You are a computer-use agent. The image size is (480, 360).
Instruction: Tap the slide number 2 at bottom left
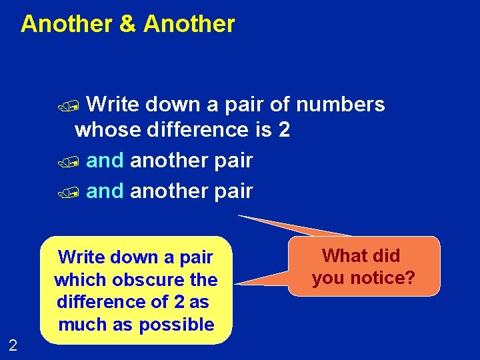13,345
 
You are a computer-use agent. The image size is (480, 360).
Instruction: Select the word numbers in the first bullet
340,105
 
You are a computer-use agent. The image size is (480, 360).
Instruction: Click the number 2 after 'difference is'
284,129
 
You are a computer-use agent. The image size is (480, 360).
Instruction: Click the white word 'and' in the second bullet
105,161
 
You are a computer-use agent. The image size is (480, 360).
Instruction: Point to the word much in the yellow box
80,325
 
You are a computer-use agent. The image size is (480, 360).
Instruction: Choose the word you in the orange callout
327,277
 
